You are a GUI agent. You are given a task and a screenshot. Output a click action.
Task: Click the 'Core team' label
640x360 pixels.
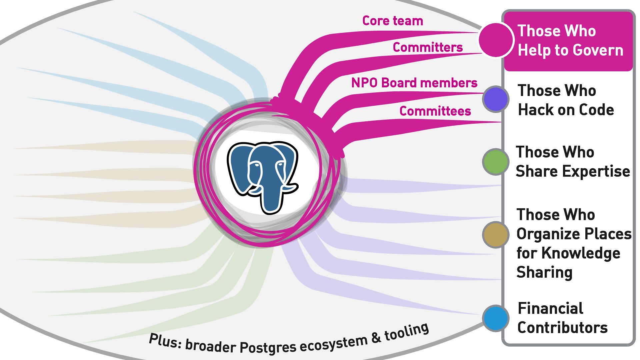pyautogui.click(x=392, y=21)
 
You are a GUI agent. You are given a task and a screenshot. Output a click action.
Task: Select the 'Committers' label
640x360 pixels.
pyautogui.click(x=428, y=47)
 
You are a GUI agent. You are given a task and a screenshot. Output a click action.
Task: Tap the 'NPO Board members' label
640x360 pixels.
pyautogui.click(x=414, y=83)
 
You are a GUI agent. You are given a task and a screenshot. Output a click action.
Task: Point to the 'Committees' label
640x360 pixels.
pyautogui.click(x=435, y=111)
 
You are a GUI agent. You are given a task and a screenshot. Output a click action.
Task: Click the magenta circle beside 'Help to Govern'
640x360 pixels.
pyautogui.click(x=495, y=40)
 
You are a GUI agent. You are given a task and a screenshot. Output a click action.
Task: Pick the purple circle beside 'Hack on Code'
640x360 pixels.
pyautogui.click(x=496, y=99)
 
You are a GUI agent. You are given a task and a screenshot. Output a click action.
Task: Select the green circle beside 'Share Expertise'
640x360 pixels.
pyautogui.click(x=496, y=162)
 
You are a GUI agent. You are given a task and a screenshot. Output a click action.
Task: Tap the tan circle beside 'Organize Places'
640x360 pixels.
pyautogui.click(x=496, y=235)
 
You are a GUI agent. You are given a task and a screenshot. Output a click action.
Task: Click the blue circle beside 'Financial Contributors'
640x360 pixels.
pyautogui.click(x=496, y=318)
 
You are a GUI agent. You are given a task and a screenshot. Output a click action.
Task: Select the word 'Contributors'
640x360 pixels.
pyautogui.click(x=562, y=328)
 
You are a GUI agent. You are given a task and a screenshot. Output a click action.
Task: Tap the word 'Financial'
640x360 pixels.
pyautogui.click(x=550, y=308)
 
